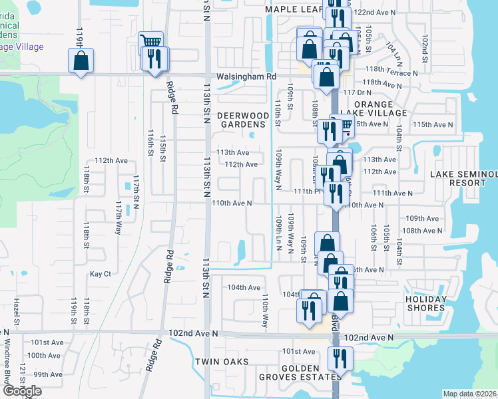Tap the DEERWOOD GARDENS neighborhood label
[244, 120]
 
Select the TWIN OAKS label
[221, 362]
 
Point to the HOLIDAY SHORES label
[425, 303]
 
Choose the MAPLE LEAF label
[294, 9]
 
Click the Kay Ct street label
[100, 273]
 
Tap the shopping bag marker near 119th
[81, 61]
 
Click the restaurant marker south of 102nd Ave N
[340, 359]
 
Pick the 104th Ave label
[244, 287]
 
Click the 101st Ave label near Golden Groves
[298, 351]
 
